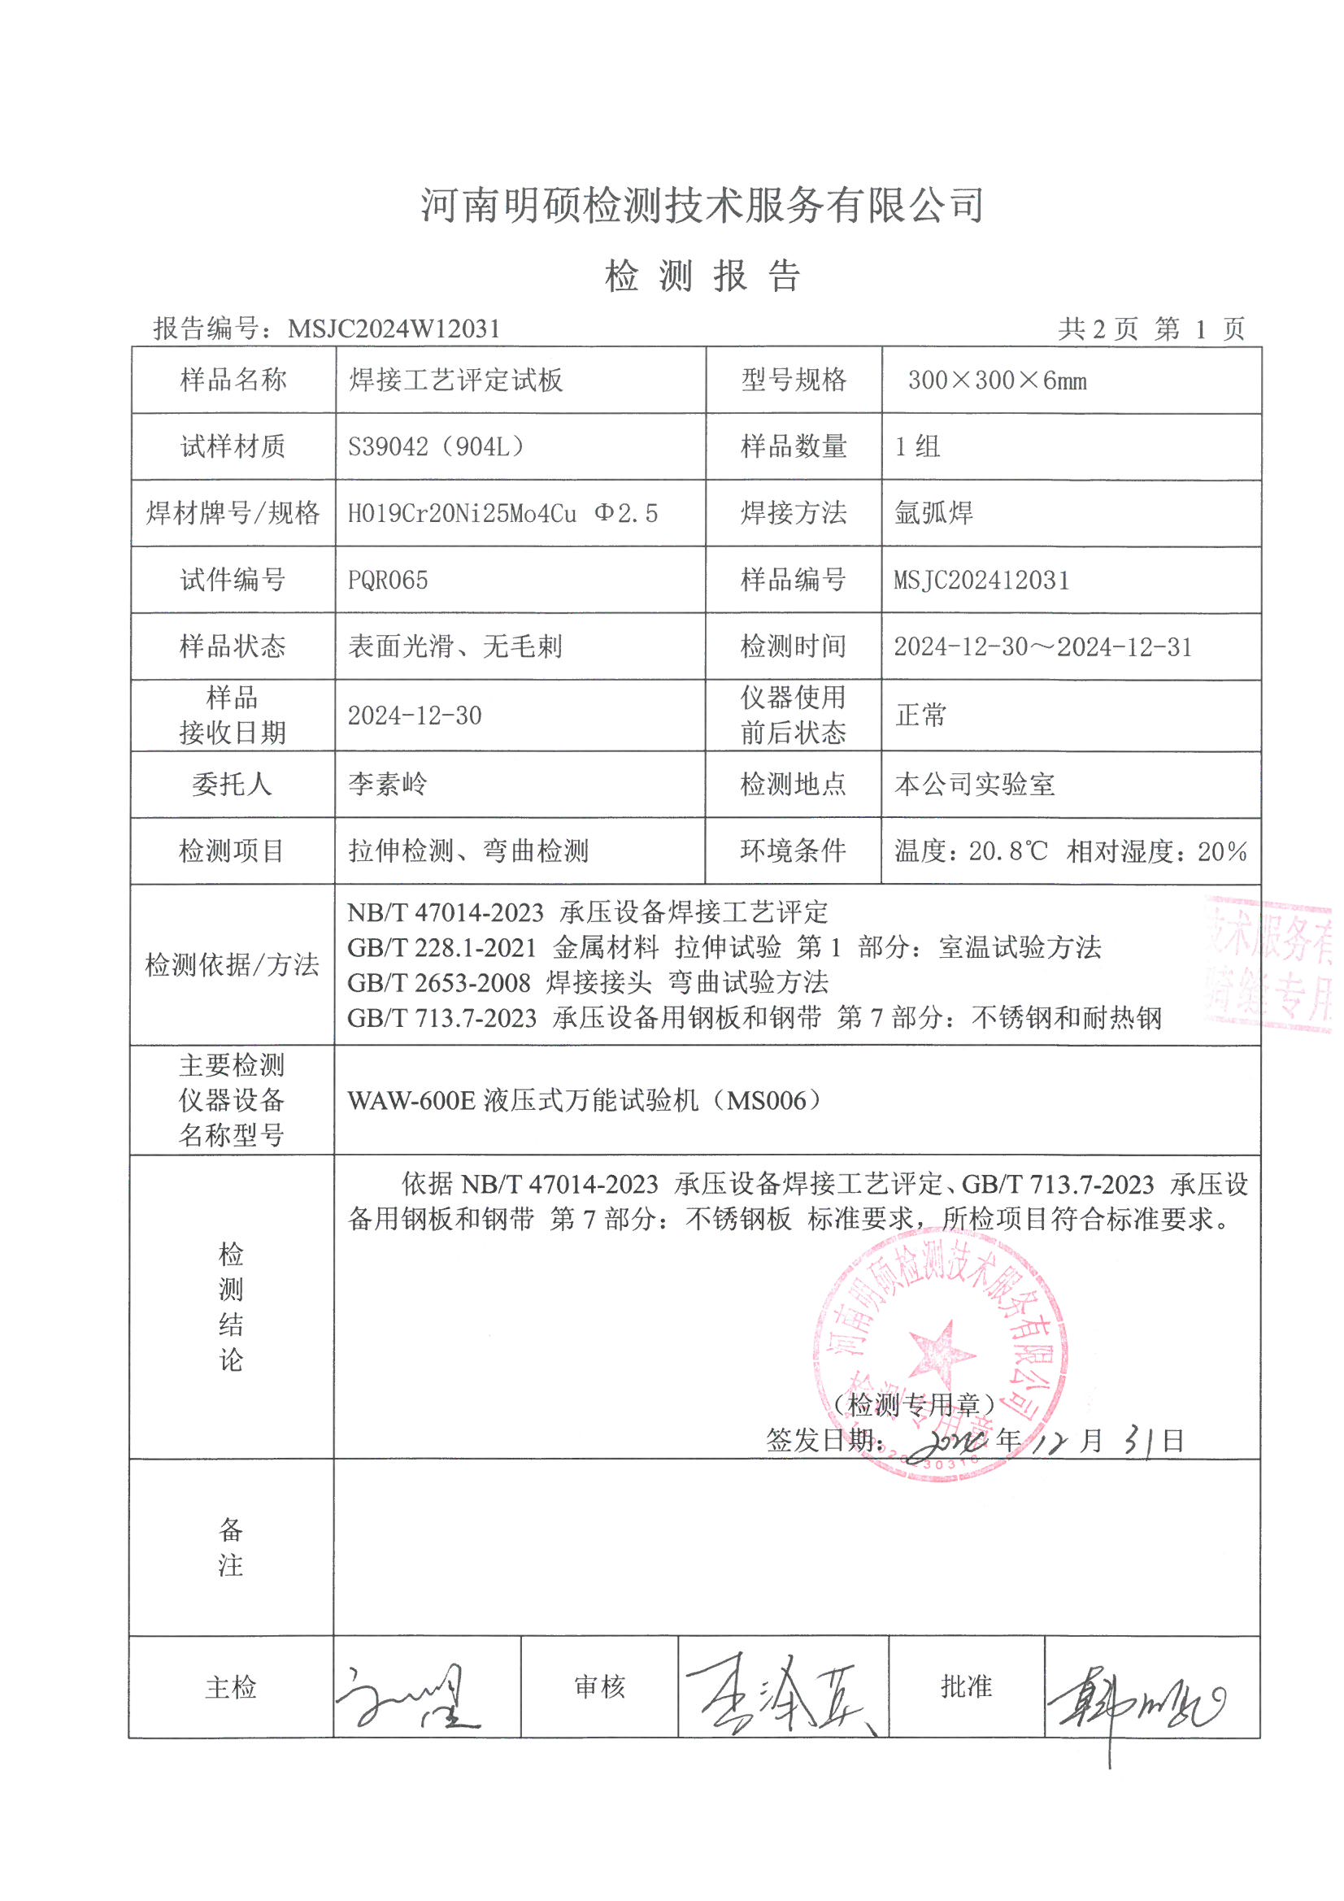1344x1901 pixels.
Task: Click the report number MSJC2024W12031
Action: click(x=394, y=328)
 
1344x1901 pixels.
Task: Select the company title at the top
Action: click(x=702, y=205)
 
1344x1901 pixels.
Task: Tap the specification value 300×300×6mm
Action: click(x=996, y=381)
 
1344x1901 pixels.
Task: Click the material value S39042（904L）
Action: click(x=437, y=447)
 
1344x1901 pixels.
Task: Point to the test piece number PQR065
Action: click(x=388, y=581)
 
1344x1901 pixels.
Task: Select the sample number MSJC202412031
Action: click(x=981, y=581)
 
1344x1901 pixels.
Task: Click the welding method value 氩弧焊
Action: click(x=933, y=513)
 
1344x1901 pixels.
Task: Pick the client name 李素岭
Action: click(x=388, y=784)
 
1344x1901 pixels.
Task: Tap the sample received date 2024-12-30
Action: click(x=414, y=716)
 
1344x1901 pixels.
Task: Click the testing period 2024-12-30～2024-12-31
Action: click(x=1042, y=646)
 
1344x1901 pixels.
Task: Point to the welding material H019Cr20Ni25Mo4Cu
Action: click(x=461, y=514)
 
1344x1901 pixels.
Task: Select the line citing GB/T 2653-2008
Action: click(x=587, y=983)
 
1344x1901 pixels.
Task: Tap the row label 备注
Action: click(x=231, y=1546)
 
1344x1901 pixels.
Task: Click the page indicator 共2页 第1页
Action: click(x=1150, y=329)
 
